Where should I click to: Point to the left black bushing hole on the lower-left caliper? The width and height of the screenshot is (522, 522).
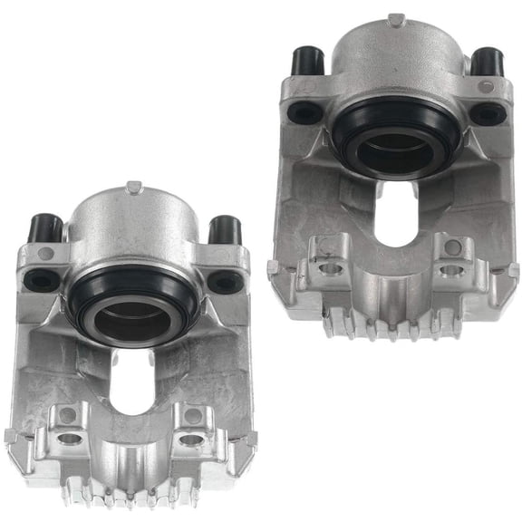coord(42,280)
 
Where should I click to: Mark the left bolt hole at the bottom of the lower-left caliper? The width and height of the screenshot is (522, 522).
coord(67,438)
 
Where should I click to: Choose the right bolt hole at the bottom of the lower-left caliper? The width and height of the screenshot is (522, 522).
coord(192,440)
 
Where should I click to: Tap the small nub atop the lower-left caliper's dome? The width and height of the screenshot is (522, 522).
coord(133,188)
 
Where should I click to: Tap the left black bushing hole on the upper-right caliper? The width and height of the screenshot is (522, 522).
coord(304,112)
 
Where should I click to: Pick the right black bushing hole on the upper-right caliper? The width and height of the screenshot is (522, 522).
coord(488,113)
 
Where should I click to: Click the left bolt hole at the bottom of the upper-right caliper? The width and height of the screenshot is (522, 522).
coord(330,268)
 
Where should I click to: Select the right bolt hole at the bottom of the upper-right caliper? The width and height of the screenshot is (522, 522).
coord(450,270)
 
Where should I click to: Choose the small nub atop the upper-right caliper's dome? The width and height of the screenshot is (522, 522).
coord(395,20)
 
